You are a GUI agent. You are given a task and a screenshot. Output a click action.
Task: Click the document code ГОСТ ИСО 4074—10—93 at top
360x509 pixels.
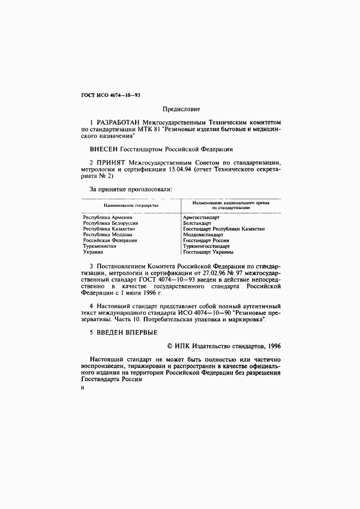click(x=111, y=95)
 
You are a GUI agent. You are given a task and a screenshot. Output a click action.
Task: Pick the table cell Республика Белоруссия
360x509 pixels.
click(x=110, y=223)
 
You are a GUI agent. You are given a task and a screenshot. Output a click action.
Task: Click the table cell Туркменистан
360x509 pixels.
click(x=100, y=246)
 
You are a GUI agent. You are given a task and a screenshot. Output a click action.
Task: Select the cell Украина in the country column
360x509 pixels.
click(x=93, y=252)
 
